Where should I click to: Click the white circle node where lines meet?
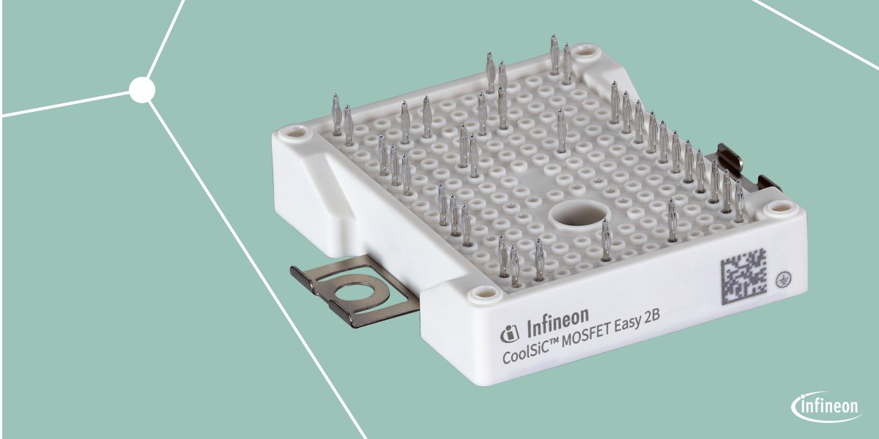pos(142,90)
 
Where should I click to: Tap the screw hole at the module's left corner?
pos(294,134)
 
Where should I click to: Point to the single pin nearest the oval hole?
pos(605,240)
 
